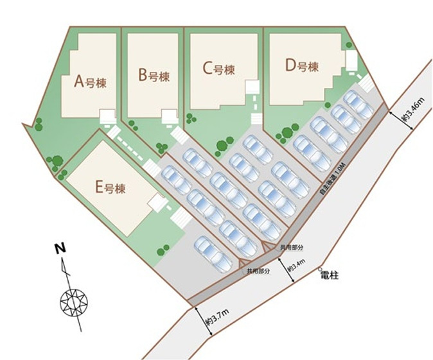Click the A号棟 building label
pos(90,81)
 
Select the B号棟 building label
pos(154,76)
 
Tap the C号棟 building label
pos(218,69)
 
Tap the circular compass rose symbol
pos(73,301)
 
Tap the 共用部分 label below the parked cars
pos(258,271)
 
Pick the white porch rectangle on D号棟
pos(351,61)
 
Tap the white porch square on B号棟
pos(169,116)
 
